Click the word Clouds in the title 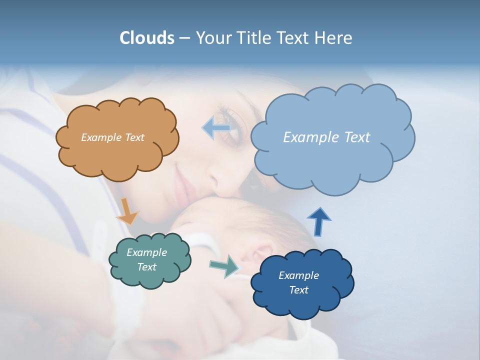147,38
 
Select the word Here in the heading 334,38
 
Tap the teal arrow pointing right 224,266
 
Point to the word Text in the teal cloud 146,267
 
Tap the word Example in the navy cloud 298,275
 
